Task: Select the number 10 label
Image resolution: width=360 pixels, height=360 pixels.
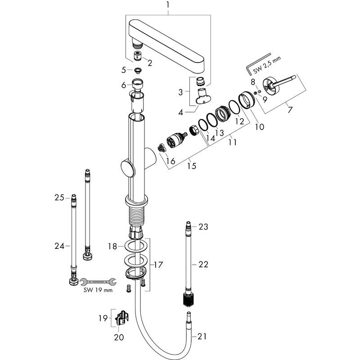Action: coord(260,127)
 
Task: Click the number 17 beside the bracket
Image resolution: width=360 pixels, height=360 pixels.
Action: coord(157,265)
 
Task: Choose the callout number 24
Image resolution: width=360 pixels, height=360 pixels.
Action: coord(59,246)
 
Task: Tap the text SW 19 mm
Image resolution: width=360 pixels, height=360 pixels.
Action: coord(98,290)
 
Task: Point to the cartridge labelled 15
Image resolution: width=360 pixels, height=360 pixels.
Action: coord(175,140)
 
